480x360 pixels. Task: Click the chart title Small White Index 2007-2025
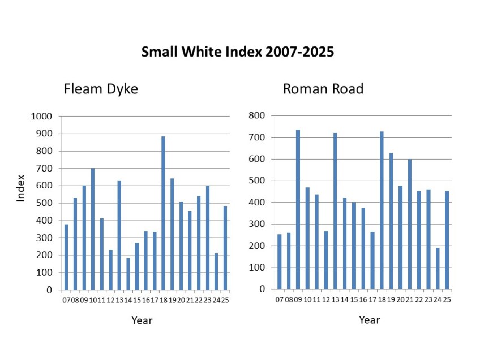pos(238,53)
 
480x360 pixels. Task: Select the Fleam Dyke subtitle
pos(101,89)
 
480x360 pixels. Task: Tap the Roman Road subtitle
pos(323,89)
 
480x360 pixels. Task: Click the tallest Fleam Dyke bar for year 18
pos(163,213)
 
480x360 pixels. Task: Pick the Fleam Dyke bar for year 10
pos(92,229)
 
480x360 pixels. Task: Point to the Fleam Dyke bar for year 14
pos(128,273)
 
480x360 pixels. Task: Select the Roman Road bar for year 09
pos(298,209)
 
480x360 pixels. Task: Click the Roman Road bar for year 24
pos(438,268)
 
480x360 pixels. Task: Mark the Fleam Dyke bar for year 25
pos(225,247)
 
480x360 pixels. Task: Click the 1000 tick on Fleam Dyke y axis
pos(42,117)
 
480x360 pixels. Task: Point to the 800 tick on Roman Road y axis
pos(258,115)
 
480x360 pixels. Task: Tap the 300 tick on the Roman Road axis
pos(258,224)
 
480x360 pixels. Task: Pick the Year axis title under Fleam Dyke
pos(142,320)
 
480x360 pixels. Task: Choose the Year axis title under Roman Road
pos(369,320)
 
